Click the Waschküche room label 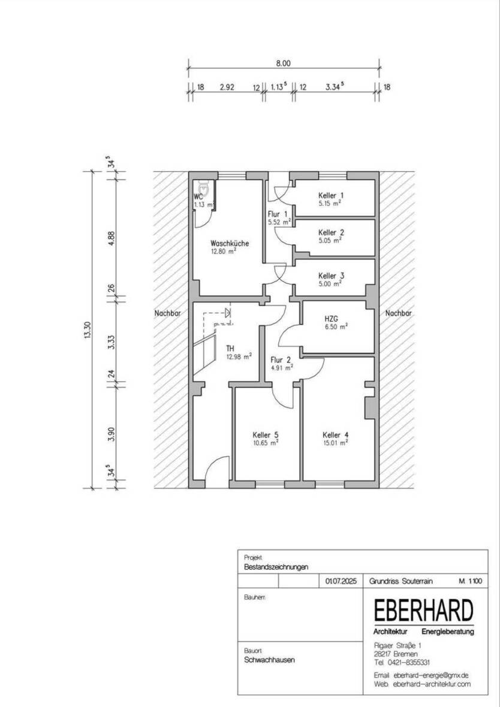(x=230, y=243)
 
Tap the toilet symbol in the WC (x=203, y=186)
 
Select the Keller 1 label (x=331, y=196)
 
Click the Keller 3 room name (x=331, y=276)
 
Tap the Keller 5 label (x=266, y=435)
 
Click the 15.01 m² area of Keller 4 (x=335, y=443)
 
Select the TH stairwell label (x=230, y=349)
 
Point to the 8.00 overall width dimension (x=284, y=64)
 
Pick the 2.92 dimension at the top (x=227, y=87)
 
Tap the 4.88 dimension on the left (x=112, y=238)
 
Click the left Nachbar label (x=167, y=313)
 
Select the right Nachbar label (x=399, y=313)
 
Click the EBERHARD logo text (x=424, y=611)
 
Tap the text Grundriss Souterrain (x=400, y=581)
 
